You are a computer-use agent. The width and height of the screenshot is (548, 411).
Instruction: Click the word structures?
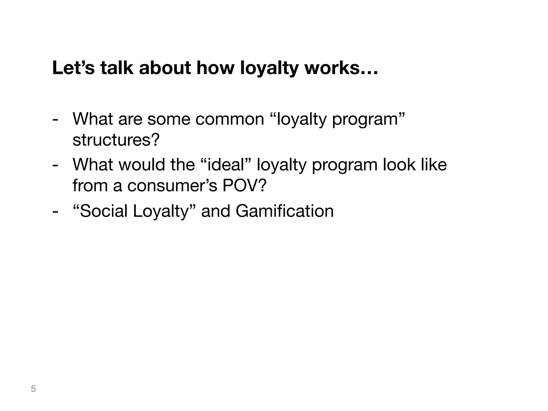pos(116,140)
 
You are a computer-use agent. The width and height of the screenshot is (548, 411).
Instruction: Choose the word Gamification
pos(285,211)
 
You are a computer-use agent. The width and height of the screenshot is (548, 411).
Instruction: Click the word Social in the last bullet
pos(101,211)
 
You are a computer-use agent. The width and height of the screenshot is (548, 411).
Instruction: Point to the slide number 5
pos(33,389)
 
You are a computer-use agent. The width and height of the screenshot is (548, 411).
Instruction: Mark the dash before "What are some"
pos(55,120)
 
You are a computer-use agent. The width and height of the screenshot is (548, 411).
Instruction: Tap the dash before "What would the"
pos(55,165)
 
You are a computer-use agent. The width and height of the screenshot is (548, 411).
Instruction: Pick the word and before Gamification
pos(215,211)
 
